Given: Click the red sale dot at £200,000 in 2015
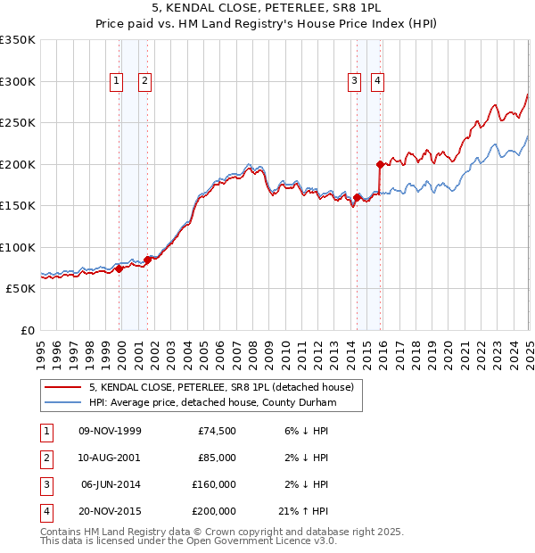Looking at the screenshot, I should pos(380,164).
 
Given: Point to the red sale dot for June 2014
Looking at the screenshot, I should pos(357,197).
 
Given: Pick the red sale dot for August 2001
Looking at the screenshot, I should pos(147,260).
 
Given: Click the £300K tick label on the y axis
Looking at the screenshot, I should pos(18,81).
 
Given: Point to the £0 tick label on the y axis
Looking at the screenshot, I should pos(27,330).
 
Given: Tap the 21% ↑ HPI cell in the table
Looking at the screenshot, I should pos(306,511).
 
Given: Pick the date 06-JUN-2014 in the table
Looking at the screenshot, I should pos(110,484).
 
